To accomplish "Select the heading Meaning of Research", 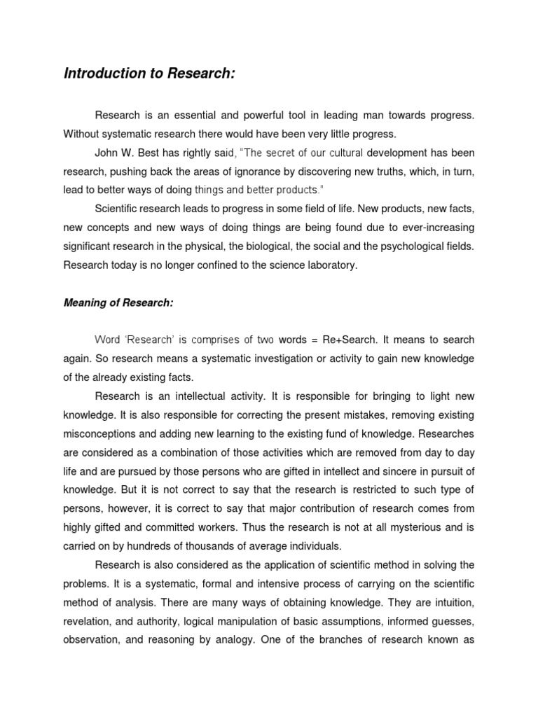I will click(x=118, y=302).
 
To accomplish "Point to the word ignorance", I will click(x=266, y=171).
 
